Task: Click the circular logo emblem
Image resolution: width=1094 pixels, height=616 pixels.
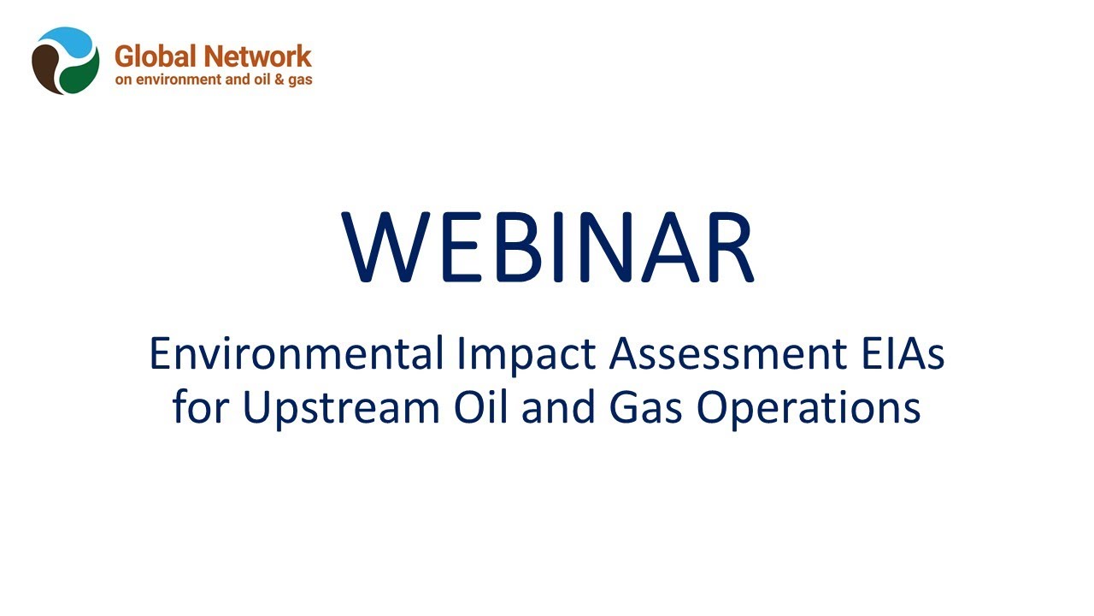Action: click(66, 61)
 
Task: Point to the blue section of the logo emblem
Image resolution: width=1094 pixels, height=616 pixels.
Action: click(68, 41)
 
